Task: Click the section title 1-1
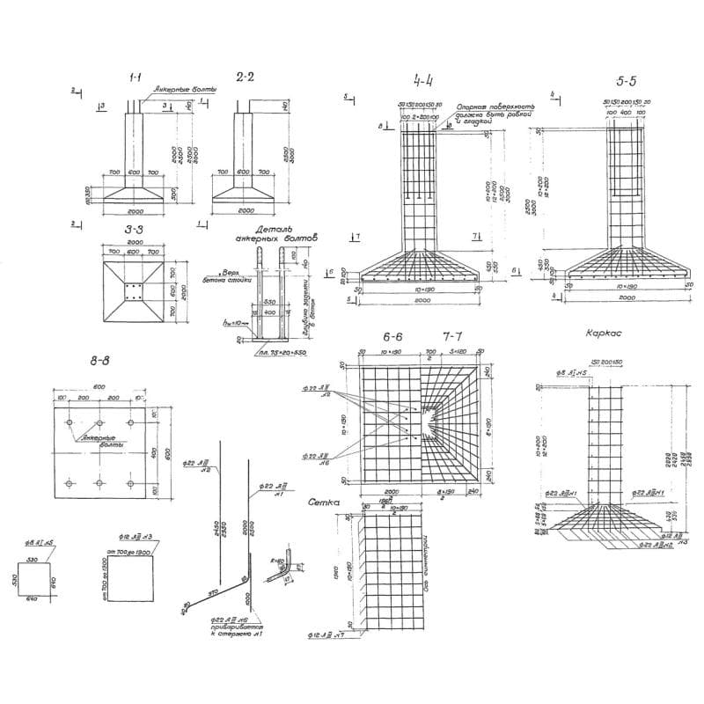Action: pyautogui.click(x=137, y=79)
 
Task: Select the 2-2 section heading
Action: pyautogui.click(x=246, y=77)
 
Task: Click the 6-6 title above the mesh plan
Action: pyautogui.click(x=393, y=337)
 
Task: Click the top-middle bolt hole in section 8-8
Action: pyautogui.click(x=99, y=423)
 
